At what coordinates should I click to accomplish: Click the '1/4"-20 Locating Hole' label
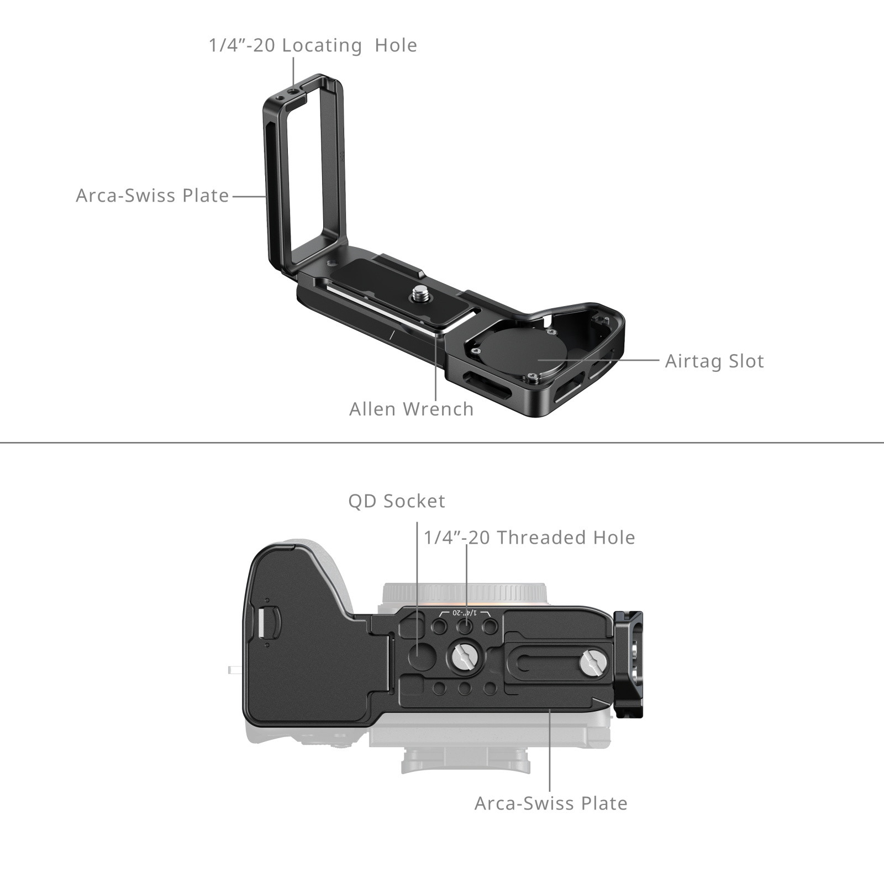313,45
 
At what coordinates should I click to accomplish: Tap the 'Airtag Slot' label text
714,361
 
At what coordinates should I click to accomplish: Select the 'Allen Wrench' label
412,409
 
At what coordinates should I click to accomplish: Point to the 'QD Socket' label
396,501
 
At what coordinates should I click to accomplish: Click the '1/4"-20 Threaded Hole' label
529,538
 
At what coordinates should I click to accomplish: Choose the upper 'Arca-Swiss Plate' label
152,196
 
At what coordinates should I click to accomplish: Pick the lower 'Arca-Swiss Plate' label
551,803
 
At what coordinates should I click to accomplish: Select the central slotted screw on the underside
464,656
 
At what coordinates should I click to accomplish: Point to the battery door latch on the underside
263,622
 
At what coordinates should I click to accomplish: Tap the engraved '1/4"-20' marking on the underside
465,613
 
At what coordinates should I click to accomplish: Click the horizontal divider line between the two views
442,443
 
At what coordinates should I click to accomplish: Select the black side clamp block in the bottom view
629,664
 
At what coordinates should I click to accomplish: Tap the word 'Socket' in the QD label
414,501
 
